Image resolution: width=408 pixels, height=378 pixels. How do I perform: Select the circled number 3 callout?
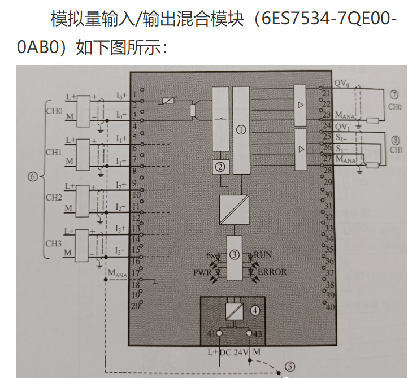tap(234, 255)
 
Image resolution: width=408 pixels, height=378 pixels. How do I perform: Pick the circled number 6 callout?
tap(32, 177)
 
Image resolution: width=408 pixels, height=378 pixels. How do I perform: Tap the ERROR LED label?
tap(272, 272)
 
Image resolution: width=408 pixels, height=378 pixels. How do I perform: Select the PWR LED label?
tap(202, 272)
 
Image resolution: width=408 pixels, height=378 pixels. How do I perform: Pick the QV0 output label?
tap(340, 82)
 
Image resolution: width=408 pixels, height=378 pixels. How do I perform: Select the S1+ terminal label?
tap(341, 137)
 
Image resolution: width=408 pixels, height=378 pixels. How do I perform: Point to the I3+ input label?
tap(121, 228)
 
